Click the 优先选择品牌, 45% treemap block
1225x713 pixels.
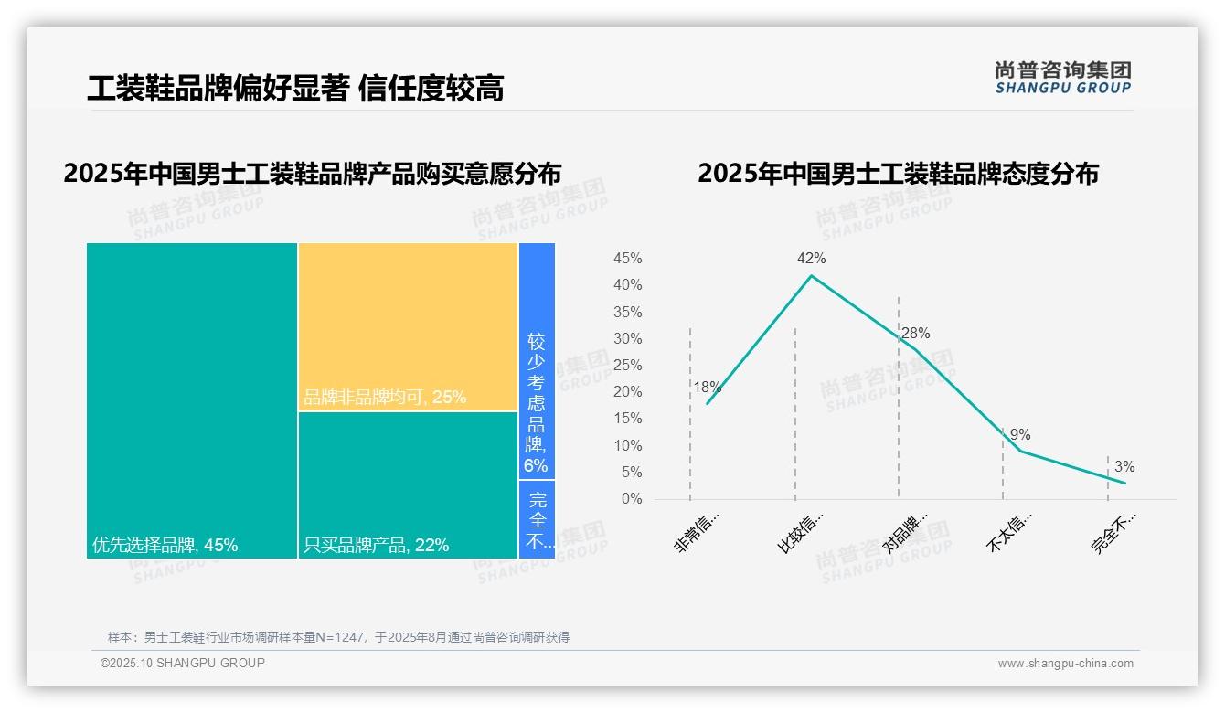[x=192, y=400]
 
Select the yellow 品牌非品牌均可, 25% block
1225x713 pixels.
[x=408, y=326]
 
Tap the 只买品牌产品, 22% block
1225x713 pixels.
[x=408, y=484]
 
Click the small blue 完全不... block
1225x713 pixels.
[x=537, y=519]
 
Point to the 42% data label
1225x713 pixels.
[x=811, y=259]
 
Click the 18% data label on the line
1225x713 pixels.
[x=707, y=387]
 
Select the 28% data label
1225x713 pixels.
[x=915, y=334]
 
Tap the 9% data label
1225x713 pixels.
[x=1020, y=435]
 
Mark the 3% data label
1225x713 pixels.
[x=1124, y=467]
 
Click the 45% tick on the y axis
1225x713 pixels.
[x=627, y=259]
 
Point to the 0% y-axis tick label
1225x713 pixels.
[x=632, y=499]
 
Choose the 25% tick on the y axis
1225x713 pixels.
[x=627, y=366]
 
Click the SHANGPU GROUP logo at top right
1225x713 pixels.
[x=1062, y=78]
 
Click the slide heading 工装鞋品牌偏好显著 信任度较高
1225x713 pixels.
[x=295, y=89]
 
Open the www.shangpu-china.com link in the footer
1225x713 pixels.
[x=1065, y=664]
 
